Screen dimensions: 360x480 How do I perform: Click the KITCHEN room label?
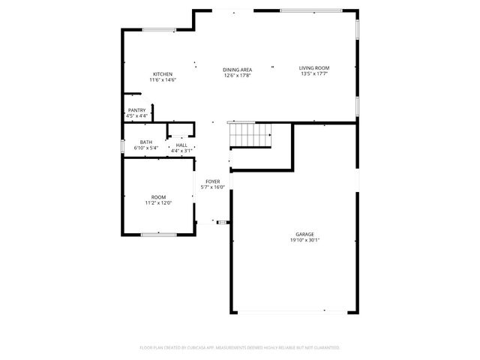point(163,74)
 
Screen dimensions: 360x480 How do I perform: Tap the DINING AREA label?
point(236,69)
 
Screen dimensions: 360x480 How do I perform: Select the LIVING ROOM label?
point(314,68)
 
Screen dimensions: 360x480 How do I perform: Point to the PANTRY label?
point(136,110)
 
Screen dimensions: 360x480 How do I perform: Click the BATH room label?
point(146,142)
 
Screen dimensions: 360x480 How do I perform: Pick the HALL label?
point(181,145)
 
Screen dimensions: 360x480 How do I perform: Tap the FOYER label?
point(213,181)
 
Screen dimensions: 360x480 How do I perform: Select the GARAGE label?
point(304,235)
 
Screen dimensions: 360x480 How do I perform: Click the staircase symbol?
point(250,134)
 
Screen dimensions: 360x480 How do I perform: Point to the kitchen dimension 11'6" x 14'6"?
point(163,80)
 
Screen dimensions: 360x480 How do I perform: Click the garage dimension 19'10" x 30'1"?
point(304,241)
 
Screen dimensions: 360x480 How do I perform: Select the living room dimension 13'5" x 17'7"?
point(314,74)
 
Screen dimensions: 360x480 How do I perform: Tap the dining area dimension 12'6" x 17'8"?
point(236,75)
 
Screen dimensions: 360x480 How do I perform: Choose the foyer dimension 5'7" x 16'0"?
point(213,187)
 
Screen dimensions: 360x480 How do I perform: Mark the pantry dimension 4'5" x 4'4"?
point(136,116)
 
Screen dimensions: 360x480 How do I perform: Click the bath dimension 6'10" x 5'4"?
point(146,148)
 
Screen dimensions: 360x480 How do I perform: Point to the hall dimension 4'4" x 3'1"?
point(181,151)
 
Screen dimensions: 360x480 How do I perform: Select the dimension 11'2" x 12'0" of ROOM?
point(159,202)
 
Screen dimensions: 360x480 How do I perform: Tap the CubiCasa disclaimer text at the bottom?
point(240,348)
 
